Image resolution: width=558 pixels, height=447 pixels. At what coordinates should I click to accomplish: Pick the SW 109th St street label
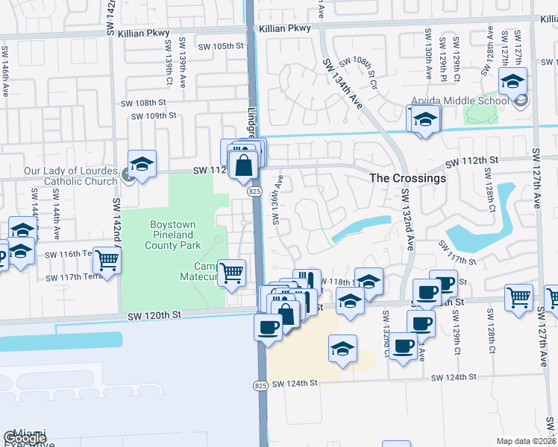point(153,115)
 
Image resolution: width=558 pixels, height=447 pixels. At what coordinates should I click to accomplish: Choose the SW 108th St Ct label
point(360,72)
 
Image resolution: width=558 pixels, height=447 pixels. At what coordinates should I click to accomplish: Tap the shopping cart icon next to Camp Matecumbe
point(232,273)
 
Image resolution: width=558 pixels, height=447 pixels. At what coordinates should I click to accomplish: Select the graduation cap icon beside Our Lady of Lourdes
point(142,164)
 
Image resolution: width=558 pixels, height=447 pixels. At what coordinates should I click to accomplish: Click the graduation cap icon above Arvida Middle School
point(512,81)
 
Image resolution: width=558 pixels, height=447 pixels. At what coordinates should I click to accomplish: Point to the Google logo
point(25,438)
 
